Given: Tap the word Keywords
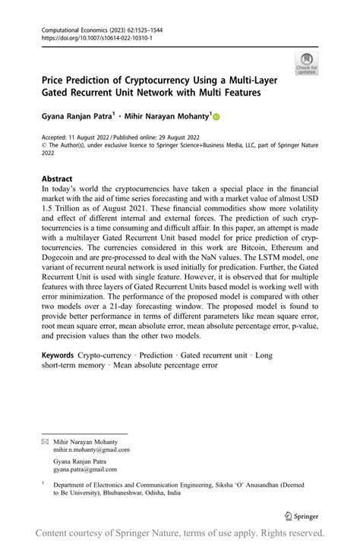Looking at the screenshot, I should click(57, 355).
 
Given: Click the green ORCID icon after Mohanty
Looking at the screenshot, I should click(215, 117).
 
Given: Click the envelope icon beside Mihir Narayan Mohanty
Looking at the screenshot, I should click(45, 440).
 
